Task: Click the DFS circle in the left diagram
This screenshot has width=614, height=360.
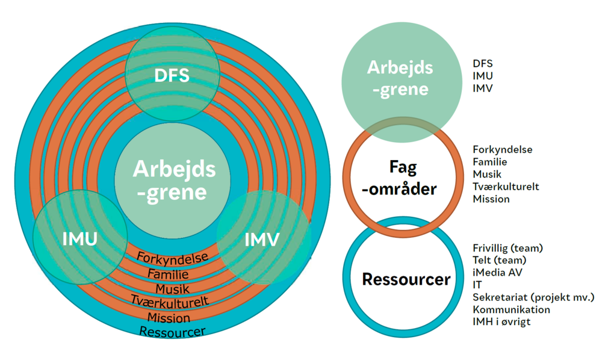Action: pyautogui.click(x=172, y=76)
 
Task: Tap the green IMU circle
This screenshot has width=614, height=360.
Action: pyautogui.click(x=80, y=238)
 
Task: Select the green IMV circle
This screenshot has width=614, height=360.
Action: pyautogui.click(x=263, y=239)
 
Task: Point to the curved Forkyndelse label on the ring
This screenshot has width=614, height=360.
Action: pyautogui.click(x=173, y=258)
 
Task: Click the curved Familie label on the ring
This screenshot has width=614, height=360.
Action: pyautogui.click(x=172, y=273)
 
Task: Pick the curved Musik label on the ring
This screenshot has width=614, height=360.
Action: pyautogui.click(x=173, y=288)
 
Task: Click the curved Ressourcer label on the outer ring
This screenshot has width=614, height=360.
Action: pyautogui.click(x=172, y=331)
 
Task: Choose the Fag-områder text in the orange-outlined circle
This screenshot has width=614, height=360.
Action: pyautogui.click(x=402, y=178)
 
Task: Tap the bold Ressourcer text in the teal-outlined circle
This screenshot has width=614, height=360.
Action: pyautogui.click(x=406, y=279)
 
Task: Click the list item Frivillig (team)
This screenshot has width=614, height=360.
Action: pyautogui.click(x=507, y=247)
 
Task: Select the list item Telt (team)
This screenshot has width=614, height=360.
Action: pyautogui.click(x=499, y=260)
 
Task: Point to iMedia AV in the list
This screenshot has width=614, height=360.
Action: pyautogui.click(x=497, y=272)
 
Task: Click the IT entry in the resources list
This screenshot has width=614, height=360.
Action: pyautogui.click(x=478, y=285)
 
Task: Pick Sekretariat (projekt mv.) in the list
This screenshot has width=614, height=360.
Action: pyautogui.click(x=533, y=297)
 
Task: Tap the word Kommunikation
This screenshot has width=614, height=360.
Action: pyautogui.click(x=511, y=309)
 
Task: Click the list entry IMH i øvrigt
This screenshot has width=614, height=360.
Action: pyautogui.click(x=501, y=321)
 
